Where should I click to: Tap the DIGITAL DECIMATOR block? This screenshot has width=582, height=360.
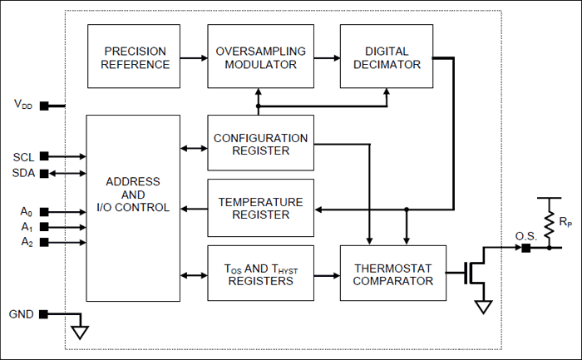point(387,57)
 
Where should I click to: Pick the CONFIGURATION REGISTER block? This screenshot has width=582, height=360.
point(260,144)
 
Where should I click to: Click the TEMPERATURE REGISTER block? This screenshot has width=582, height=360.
point(260,208)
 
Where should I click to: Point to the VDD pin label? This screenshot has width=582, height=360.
point(24,105)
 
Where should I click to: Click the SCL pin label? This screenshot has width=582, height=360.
point(23,156)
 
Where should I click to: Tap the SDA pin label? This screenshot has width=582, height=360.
point(23,172)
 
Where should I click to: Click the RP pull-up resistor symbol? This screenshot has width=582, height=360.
point(549,223)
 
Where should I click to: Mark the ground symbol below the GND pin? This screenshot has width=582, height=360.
point(80,333)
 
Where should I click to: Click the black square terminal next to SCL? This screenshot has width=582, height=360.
point(43,155)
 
